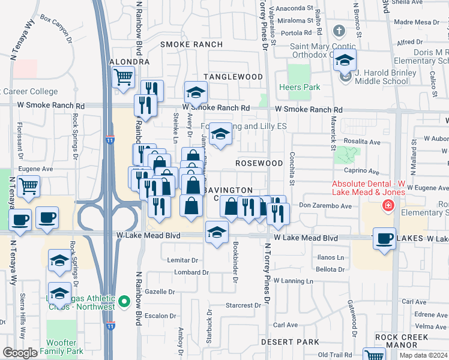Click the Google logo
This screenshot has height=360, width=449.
20,353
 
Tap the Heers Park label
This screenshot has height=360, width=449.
300,87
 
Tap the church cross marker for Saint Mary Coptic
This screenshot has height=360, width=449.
339,31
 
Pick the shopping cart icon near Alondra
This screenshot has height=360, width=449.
123,77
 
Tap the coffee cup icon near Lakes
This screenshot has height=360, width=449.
384,238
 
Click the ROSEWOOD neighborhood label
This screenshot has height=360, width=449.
259,163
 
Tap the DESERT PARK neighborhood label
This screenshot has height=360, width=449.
290,342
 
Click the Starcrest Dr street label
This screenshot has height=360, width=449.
244,305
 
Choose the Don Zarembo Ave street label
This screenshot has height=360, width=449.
325,206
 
